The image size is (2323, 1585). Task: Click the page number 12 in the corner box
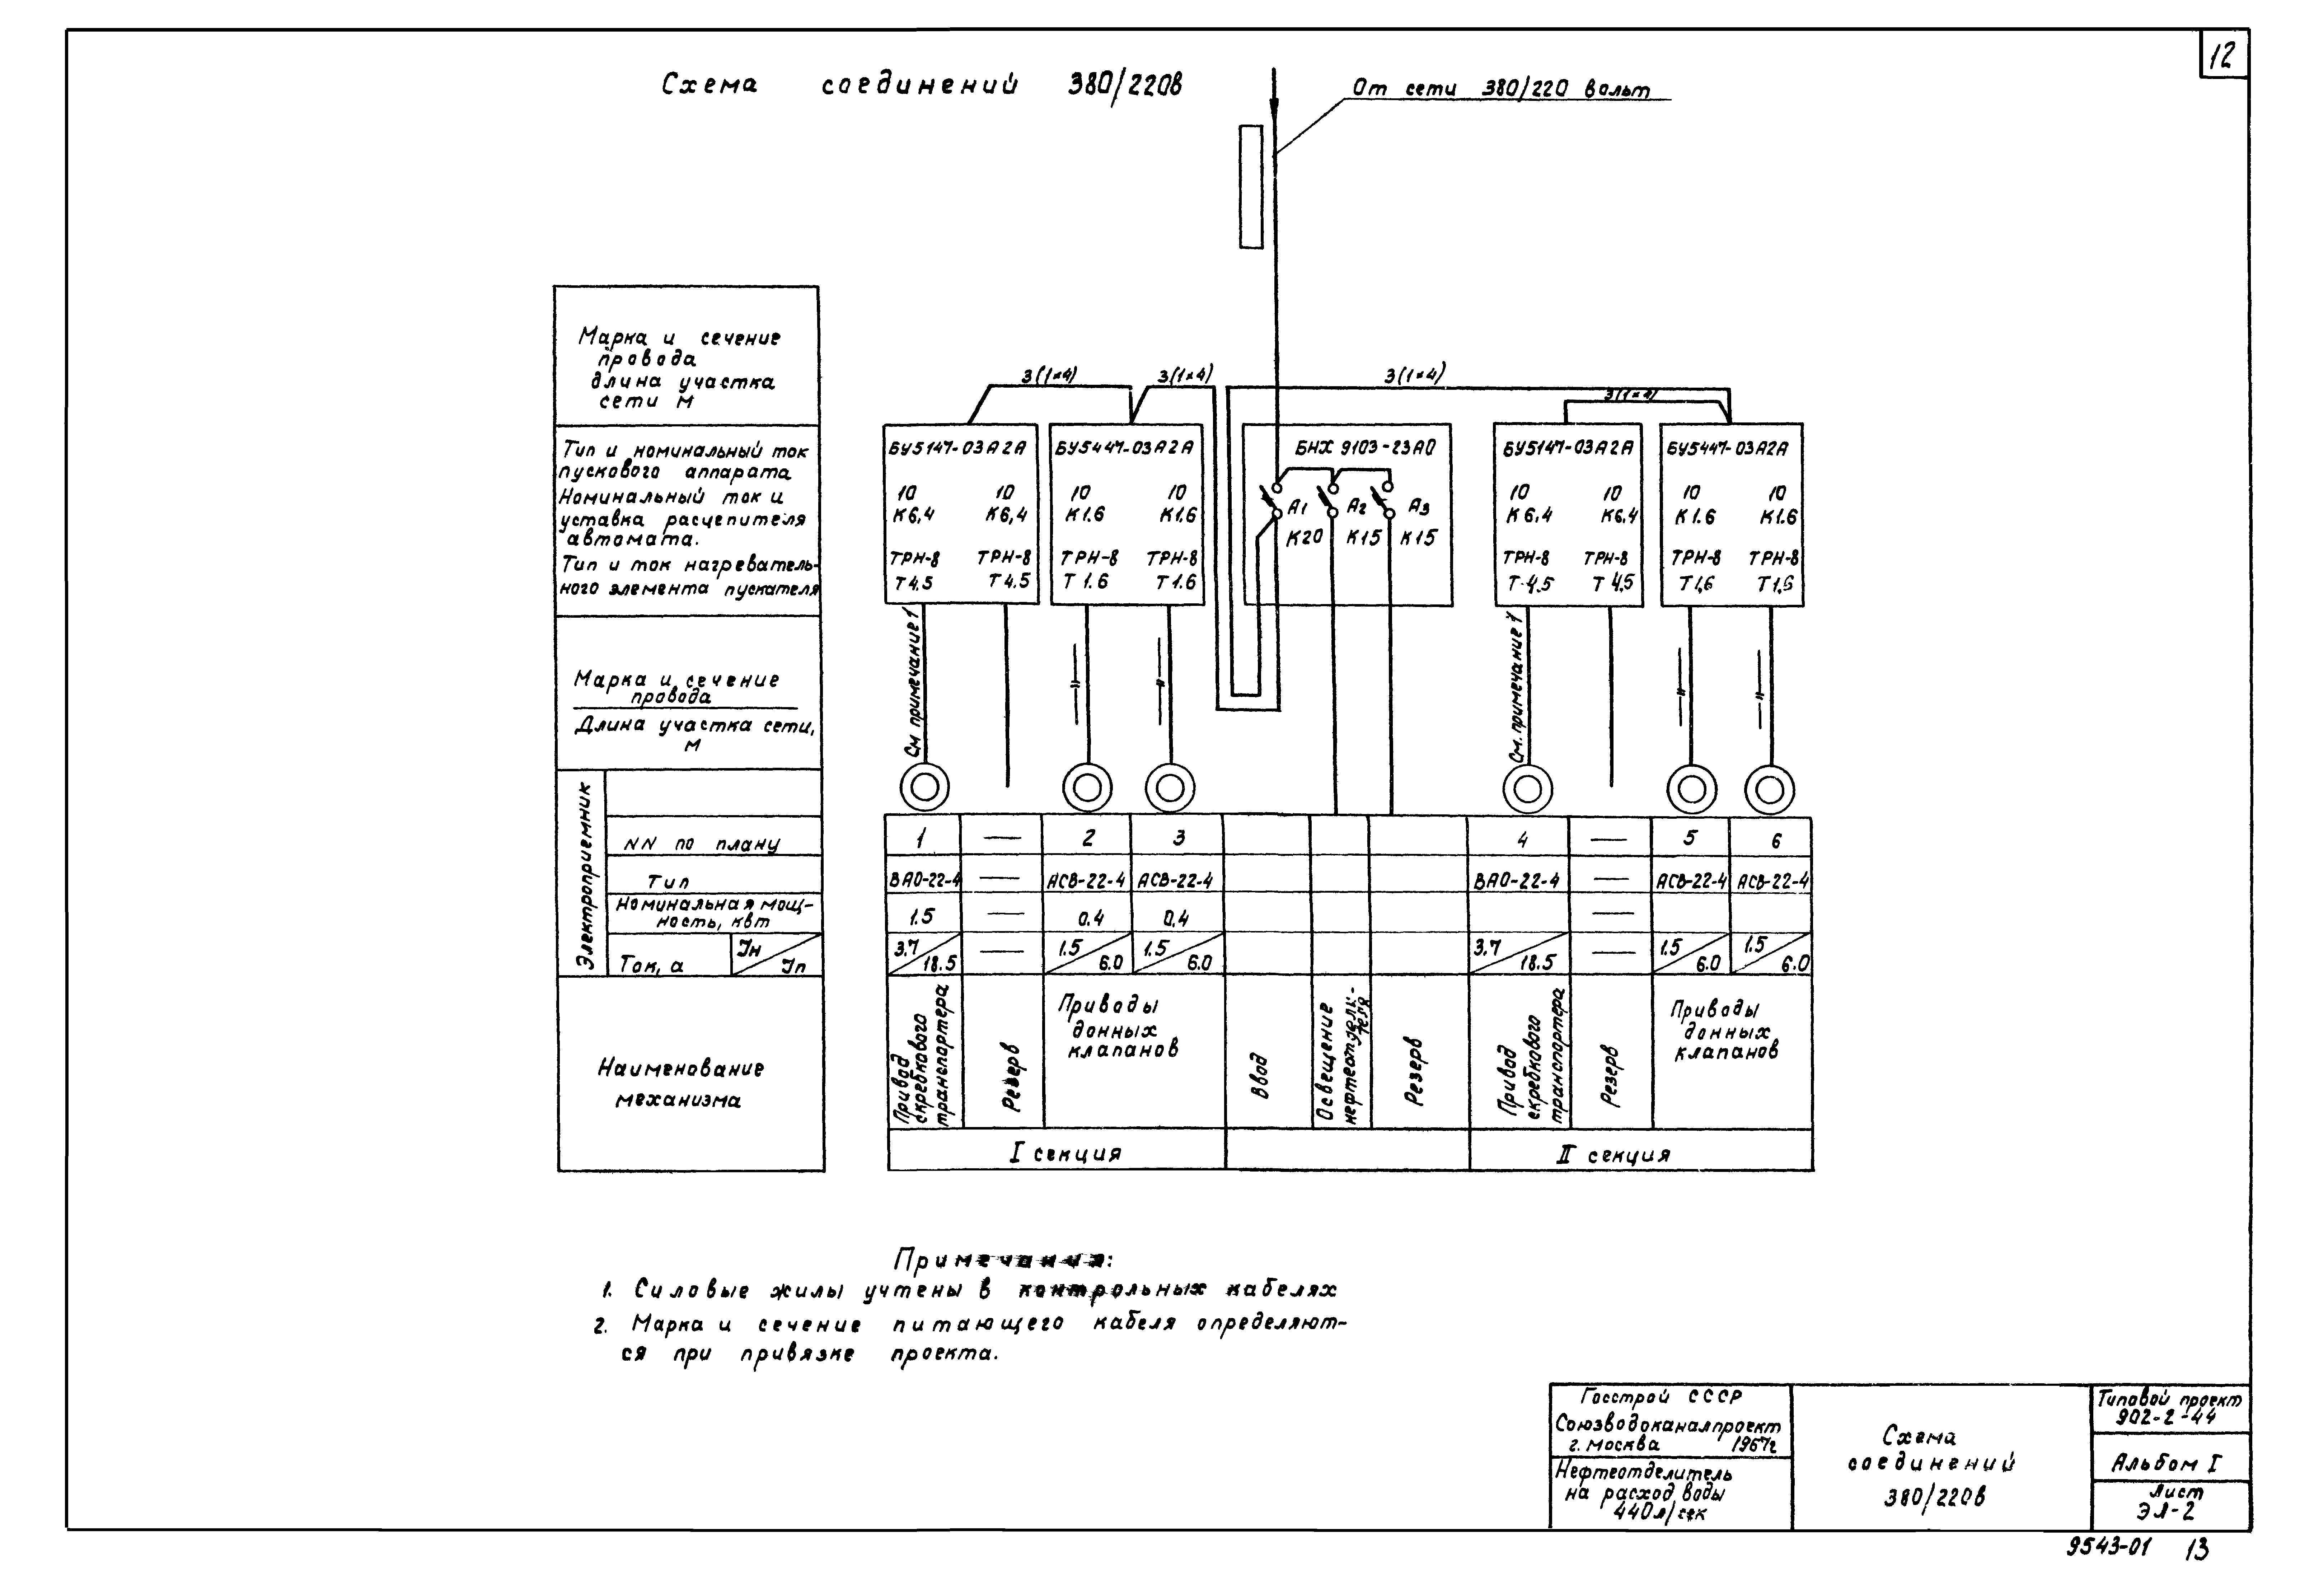coord(2223,57)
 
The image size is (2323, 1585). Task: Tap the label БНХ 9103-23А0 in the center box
coord(1364,449)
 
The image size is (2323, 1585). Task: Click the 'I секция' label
coord(1064,1153)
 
